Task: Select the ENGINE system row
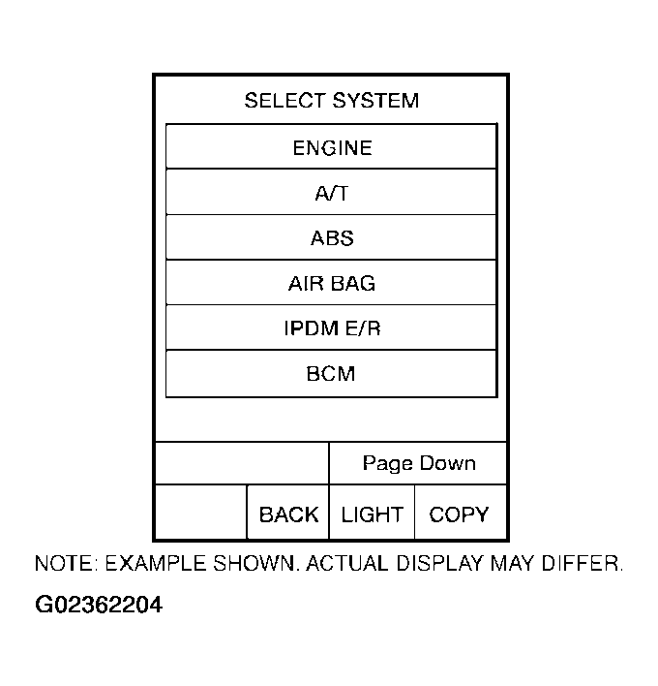click(x=331, y=147)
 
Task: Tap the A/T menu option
click(x=331, y=193)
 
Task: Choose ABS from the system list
click(x=331, y=238)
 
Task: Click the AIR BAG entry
click(x=331, y=284)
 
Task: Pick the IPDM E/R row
click(x=331, y=328)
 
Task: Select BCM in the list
click(x=331, y=374)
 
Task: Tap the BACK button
click(x=288, y=514)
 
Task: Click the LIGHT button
click(x=372, y=514)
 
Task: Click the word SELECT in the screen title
click(x=284, y=101)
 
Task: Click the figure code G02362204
click(x=99, y=607)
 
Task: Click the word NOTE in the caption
click(x=66, y=564)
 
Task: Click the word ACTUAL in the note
click(x=343, y=564)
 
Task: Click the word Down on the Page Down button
click(x=447, y=463)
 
